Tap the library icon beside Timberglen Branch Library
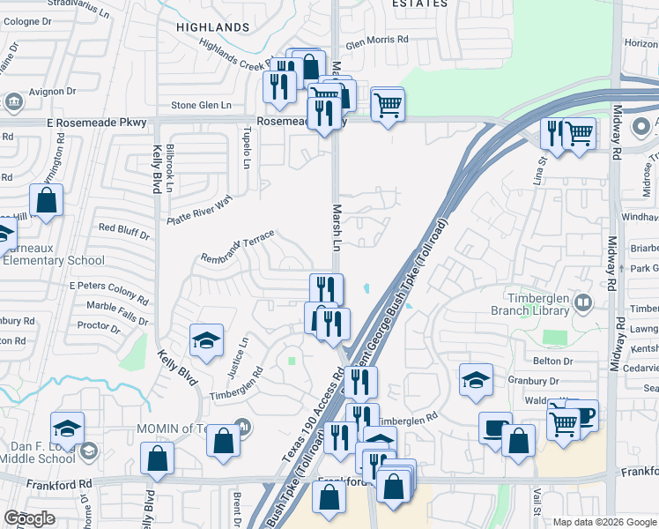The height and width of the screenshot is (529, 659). pyautogui.click(x=582, y=303)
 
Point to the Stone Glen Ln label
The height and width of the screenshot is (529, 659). pyautogui.click(x=201, y=105)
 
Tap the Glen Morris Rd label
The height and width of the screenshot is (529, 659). pyautogui.click(x=377, y=40)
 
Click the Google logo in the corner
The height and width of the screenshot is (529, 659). pyautogui.click(x=29, y=518)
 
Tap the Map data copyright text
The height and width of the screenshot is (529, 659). pyautogui.click(x=603, y=522)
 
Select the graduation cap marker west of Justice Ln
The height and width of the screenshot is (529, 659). pyautogui.click(x=206, y=340)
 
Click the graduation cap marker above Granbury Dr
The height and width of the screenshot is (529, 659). pyautogui.click(x=476, y=378)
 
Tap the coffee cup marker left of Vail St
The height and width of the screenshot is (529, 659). pyautogui.click(x=495, y=427)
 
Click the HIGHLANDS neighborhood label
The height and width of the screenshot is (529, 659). pyautogui.click(x=212, y=27)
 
